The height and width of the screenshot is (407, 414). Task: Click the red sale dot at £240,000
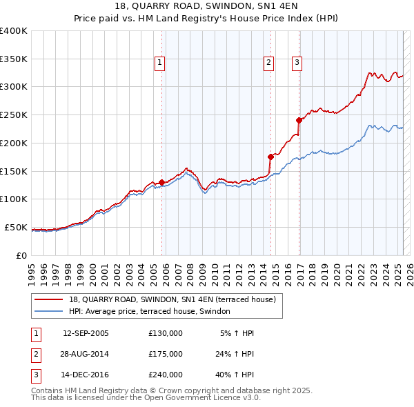299,120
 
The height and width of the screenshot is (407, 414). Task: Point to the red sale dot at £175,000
270,157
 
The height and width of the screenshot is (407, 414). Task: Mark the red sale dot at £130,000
161,182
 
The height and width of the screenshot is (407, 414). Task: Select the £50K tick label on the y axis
16,227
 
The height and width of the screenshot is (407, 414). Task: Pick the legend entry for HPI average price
153,311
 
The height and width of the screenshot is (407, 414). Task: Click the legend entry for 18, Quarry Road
172,299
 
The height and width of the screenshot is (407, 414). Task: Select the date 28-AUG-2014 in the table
86,354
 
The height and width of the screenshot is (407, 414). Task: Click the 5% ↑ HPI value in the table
237,333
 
